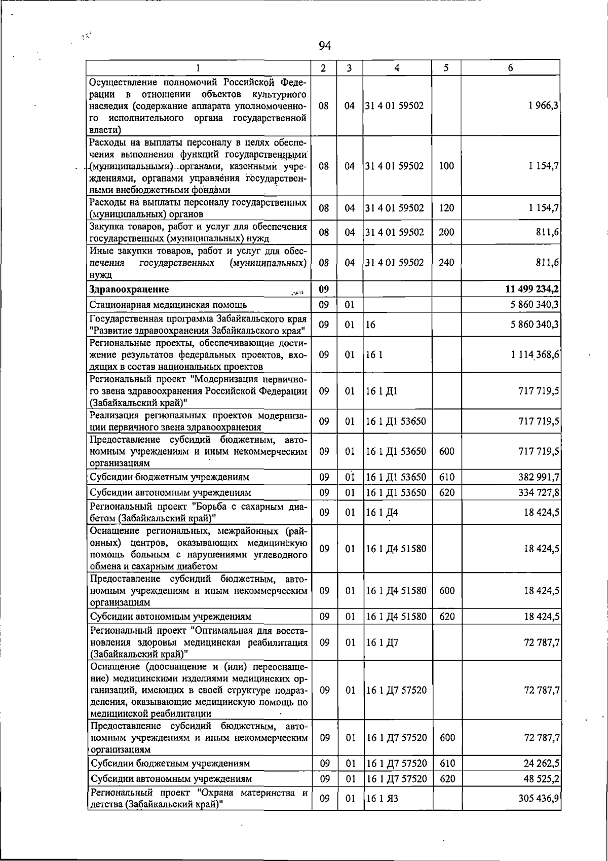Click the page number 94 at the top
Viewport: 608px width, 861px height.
pyautogui.click(x=325, y=46)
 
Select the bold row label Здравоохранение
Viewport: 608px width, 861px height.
pyautogui.click(x=129, y=290)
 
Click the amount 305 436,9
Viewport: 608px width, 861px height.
pyautogui.click(x=539, y=799)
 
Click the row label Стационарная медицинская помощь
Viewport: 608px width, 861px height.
pyautogui.click(x=168, y=305)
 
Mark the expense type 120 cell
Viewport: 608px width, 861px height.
pyautogui.click(x=446, y=208)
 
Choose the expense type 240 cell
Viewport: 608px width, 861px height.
pyautogui.click(x=446, y=263)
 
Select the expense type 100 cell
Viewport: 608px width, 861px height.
pyautogui.click(x=446, y=166)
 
